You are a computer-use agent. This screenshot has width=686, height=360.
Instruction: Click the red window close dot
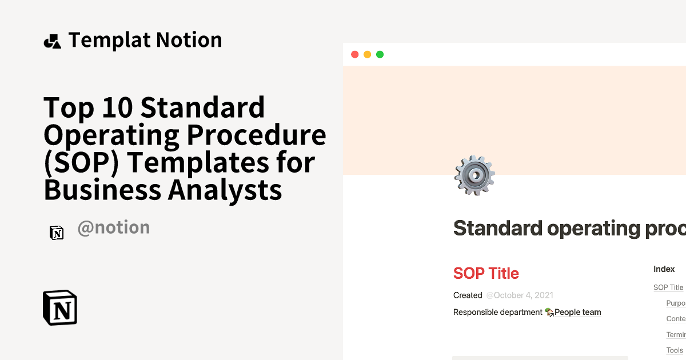(354, 54)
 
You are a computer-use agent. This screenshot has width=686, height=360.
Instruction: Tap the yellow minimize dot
(367, 54)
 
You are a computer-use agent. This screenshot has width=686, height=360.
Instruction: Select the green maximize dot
(380, 54)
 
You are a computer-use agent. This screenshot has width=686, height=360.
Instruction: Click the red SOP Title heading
(486, 273)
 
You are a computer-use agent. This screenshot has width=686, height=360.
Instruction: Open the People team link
(577, 312)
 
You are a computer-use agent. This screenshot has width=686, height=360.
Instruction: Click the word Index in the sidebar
(664, 269)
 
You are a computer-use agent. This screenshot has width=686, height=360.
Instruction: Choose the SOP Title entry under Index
(668, 287)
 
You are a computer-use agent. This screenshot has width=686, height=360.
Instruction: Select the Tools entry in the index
(675, 350)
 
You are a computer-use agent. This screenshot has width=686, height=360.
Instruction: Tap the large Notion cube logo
(60, 308)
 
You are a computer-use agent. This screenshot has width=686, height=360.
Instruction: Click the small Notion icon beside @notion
(57, 233)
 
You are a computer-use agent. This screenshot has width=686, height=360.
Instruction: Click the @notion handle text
(113, 227)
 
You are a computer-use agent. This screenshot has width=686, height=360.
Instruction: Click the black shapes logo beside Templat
(52, 41)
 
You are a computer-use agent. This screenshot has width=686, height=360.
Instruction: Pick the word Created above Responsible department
(468, 295)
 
